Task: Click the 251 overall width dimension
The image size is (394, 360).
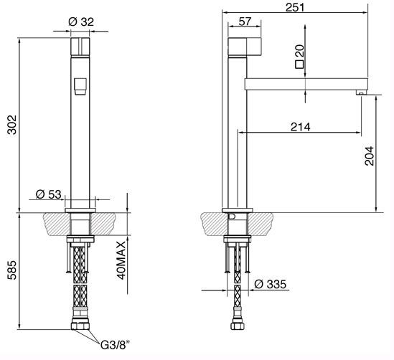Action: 295,7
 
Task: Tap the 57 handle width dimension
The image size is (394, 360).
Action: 245,22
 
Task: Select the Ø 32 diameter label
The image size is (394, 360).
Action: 81,22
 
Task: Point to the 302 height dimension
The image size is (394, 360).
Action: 11,125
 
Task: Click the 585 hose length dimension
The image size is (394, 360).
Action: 11,270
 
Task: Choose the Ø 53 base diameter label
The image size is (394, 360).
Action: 49,194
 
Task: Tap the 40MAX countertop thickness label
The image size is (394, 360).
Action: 121,260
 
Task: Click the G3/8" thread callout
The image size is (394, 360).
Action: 116,345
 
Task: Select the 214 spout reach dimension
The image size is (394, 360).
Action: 301,127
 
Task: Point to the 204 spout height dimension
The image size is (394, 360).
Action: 370,156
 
